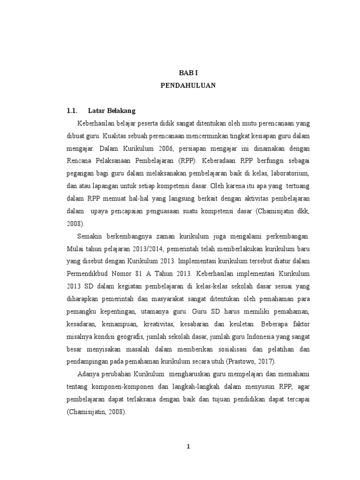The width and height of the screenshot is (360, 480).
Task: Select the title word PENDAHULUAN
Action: [x=188, y=86]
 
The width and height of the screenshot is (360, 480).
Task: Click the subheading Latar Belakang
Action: [x=112, y=111]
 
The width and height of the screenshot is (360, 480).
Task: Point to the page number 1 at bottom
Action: [x=188, y=447]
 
